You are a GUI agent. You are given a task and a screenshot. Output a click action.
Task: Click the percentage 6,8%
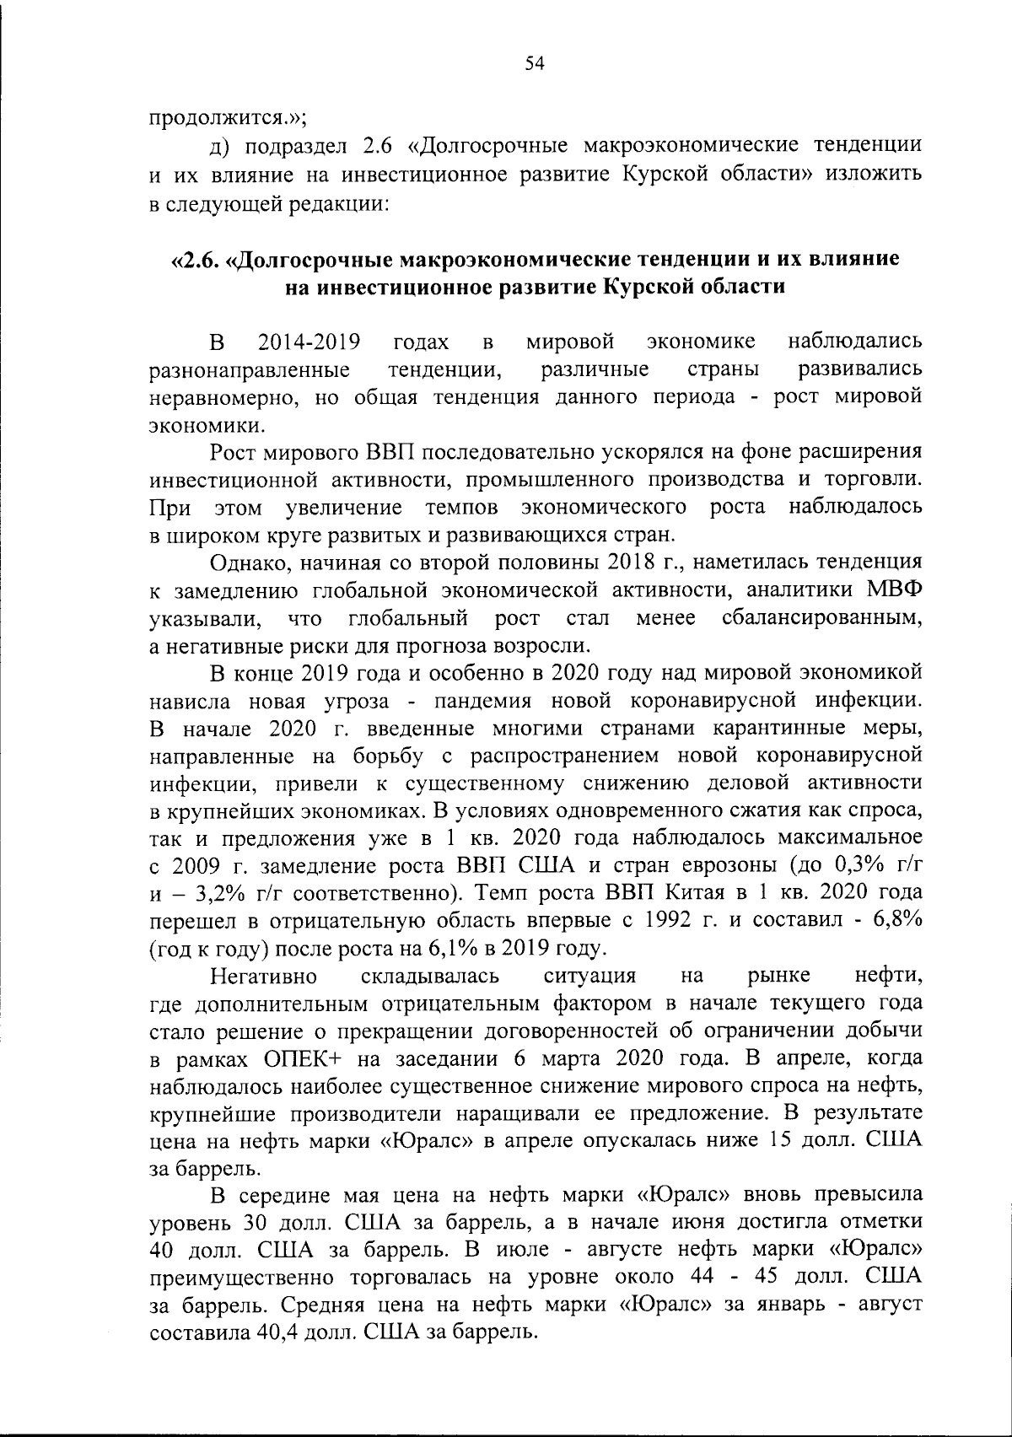pyautogui.click(x=892, y=920)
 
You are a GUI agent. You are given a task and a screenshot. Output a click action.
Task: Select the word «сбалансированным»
pyautogui.click(x=822, y=618)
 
